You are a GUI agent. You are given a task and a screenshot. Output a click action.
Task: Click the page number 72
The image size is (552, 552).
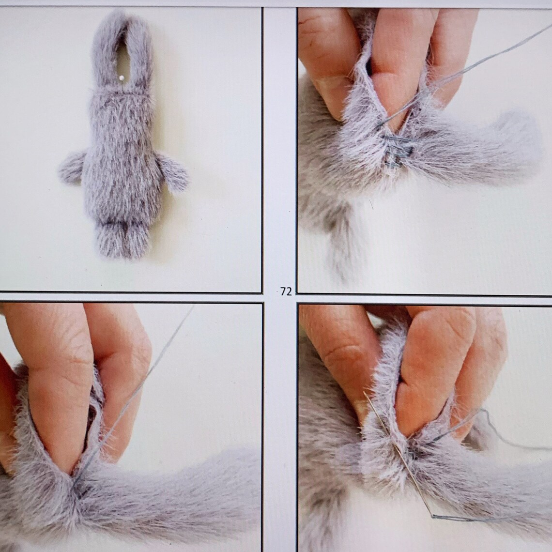(x=286, y=291)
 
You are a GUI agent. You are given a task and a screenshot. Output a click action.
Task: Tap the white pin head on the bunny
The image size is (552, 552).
(x=120, y=77)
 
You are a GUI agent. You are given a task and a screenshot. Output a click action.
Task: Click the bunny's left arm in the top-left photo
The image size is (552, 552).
(x=73, y=167)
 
